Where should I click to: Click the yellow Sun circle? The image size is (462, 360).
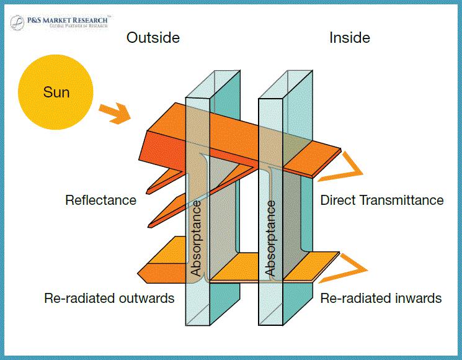coord(56,92)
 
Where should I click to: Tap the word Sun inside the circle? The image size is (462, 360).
coord(56,92)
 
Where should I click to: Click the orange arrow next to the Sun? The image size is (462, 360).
coord(115,114)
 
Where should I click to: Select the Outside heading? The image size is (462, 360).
coord(153,38)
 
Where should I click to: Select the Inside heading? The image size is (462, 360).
coord(350,38)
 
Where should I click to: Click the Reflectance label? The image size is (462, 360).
coord(100,200)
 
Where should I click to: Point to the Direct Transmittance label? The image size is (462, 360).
coord(382,200)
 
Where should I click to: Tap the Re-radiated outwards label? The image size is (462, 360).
coord(109,298)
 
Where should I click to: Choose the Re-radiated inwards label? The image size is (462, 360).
coord(381,298)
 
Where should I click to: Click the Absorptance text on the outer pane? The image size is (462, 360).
coord(196,238)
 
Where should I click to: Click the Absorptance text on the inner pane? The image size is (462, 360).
coord(270,238)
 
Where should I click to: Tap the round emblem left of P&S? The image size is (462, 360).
coord(17,22)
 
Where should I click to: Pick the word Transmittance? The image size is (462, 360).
coord(402,200)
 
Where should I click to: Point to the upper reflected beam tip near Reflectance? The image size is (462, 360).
coord(148,192)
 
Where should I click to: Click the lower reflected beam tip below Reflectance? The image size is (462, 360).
coord(149,226)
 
